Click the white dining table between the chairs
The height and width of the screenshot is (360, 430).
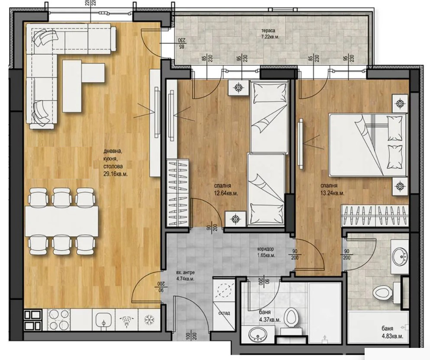[x=62, y=220]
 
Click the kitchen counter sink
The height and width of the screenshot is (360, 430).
[x=102, y=321]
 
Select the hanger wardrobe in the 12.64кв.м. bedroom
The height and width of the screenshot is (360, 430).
[x=178, y=192]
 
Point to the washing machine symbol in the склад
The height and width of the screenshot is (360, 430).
[x=225, y=289]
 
